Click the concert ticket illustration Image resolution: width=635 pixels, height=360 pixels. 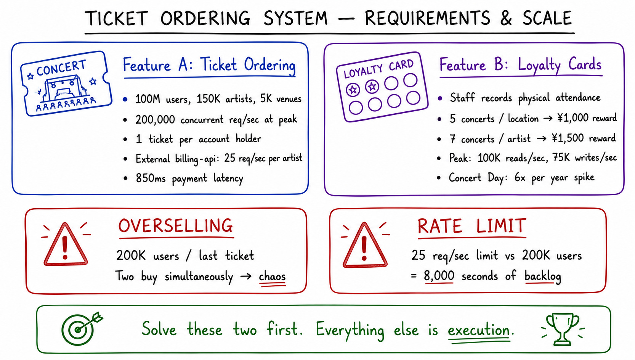(66, 84)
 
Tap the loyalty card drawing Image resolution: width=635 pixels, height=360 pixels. (382, 87)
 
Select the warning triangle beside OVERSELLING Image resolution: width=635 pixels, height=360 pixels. (66, 244)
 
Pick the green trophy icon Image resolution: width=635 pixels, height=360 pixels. (563, 329)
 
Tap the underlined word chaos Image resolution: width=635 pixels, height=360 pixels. (272, 276)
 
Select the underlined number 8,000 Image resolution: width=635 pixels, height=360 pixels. (439, 276)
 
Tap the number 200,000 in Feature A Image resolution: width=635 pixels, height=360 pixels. (155, 119)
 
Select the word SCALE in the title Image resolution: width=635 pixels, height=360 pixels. (547, 18)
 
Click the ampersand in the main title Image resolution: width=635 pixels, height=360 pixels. (506, 18)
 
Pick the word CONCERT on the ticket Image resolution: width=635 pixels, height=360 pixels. (61, 68)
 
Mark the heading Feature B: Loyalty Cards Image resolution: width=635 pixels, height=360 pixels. (520, 65)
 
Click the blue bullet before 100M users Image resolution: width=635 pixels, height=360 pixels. (125, 99)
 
